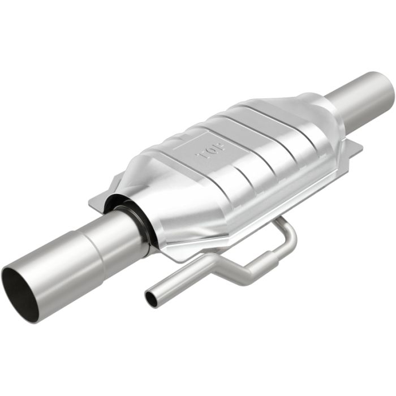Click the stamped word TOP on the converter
tap(210, 150)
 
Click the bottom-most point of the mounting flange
tap(170, 260)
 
